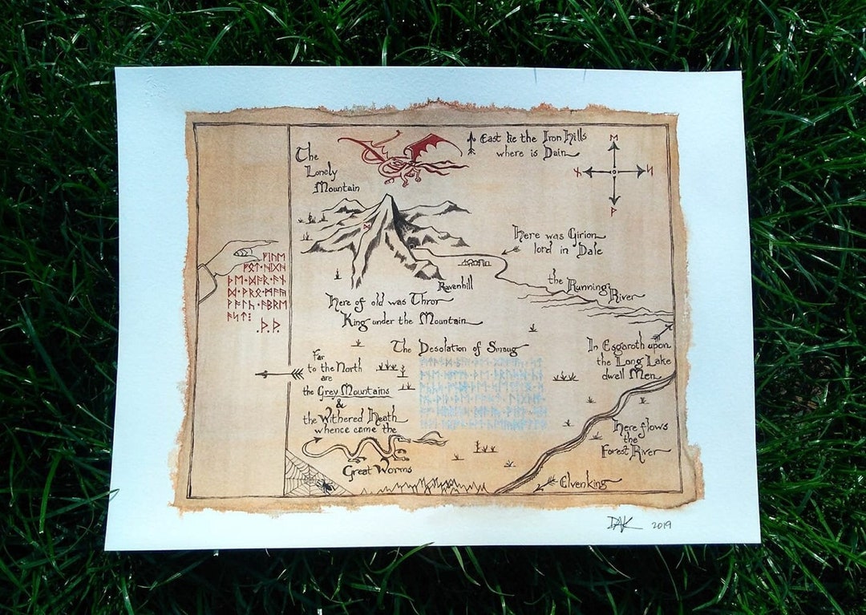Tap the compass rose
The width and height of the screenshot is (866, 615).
[614, 171]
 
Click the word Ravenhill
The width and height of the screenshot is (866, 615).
[456, 286]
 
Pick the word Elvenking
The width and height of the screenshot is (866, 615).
[589, 483]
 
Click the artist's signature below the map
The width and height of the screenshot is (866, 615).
[623, 523]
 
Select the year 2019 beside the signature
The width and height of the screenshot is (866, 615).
[661, 525]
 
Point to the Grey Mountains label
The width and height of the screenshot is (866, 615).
[346, 391]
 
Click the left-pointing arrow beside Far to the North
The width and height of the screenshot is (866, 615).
[279, 374]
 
